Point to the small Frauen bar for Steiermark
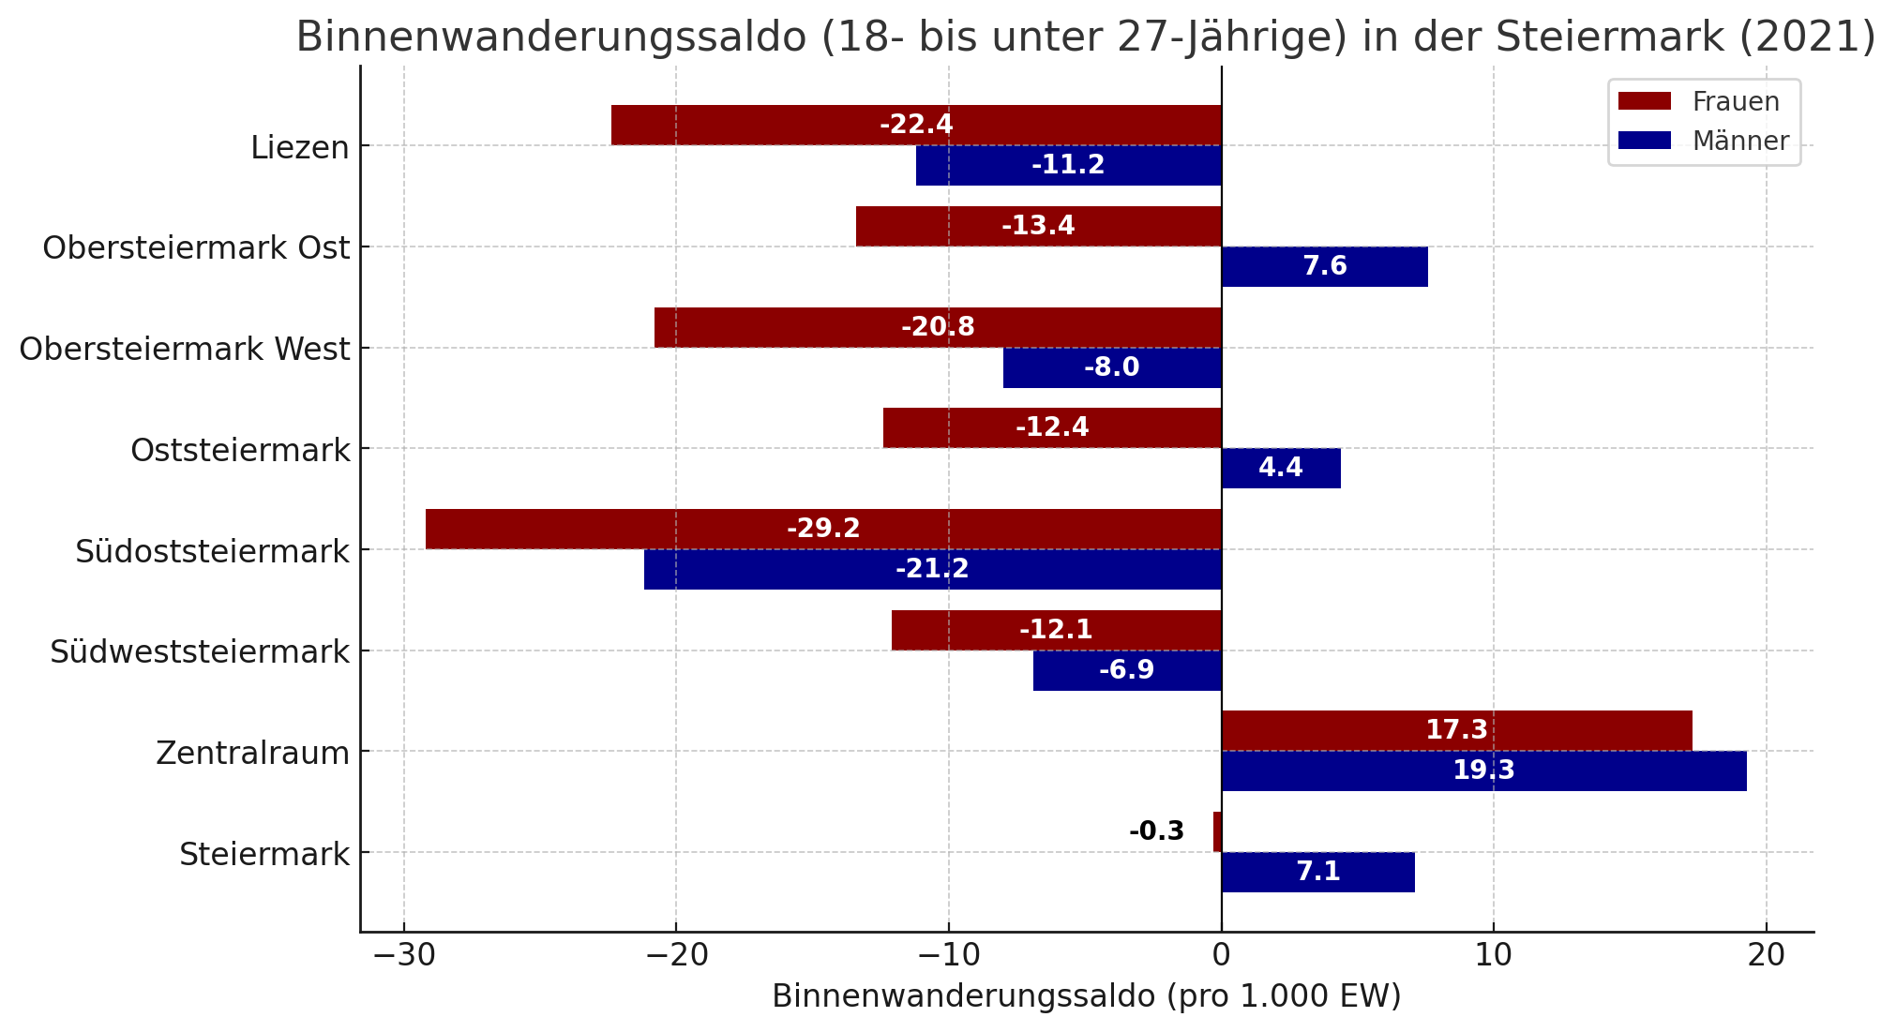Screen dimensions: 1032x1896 [1217, 831]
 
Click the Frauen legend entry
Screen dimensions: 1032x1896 [1698, 101]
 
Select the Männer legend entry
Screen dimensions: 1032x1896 [1703, 141]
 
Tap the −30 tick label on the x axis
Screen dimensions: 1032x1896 [403, 956]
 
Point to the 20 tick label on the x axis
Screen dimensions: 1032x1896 [1766, 956]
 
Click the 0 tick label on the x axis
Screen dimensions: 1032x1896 [1221, 956]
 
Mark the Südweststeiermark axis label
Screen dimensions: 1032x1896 [200, 651]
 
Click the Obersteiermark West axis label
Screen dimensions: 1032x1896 [185, 349]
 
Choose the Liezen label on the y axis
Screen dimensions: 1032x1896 [300, 147]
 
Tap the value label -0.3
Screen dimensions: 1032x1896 [1156, 831]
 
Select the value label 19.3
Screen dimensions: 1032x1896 [1483, 770]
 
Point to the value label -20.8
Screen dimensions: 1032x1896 [938, 327]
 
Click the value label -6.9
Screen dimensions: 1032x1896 [1126, 670]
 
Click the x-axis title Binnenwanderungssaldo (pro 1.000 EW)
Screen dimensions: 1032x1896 [1086, 996]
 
